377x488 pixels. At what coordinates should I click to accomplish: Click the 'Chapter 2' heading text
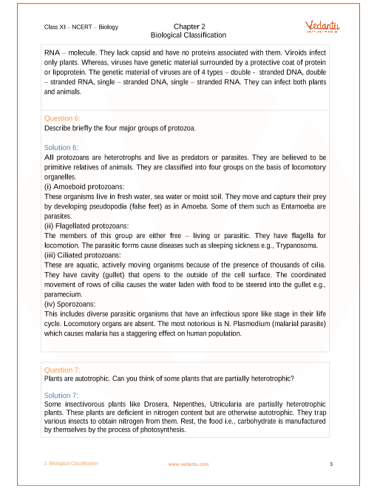coord(188,26)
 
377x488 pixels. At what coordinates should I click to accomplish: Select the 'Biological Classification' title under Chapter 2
coord(188,35)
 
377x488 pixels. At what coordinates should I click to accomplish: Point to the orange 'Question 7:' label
coord(62,370)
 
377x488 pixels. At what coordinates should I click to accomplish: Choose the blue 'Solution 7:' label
coord(61,396)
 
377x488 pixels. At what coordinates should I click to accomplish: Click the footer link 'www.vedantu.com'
coord(188,464)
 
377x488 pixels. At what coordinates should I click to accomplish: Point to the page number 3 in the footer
coord(332,464)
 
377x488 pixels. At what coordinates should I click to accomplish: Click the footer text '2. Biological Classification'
coord(71,464)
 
